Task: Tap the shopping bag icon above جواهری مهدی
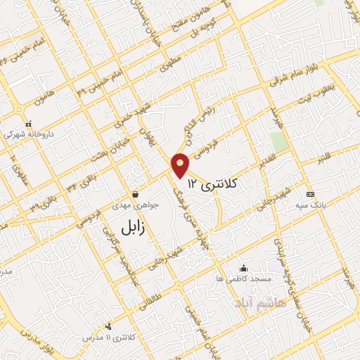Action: [x=135, y=194]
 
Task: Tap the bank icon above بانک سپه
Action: [x=310, y=194]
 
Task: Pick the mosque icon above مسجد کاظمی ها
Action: [x=244, y=268]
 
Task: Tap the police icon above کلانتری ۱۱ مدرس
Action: [x=108, y=326]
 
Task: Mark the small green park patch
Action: [x=279, y=141]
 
